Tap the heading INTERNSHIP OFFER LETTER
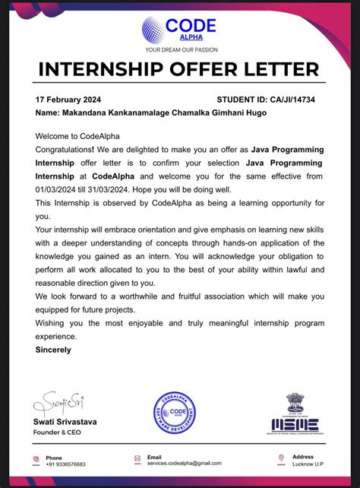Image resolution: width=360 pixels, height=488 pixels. click(180, 71)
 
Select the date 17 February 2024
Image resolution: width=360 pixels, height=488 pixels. click(68, 100)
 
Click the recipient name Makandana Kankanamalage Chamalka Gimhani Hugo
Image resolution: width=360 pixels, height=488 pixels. click(151, 112)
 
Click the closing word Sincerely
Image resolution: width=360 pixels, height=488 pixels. click(53, 350)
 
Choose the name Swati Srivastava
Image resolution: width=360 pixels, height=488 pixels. click(65, 421)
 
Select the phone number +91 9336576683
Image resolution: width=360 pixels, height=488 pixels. click(65, 464)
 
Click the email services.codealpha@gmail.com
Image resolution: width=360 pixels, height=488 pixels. click(185, 463)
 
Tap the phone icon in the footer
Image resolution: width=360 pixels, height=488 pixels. click(36, 460)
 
